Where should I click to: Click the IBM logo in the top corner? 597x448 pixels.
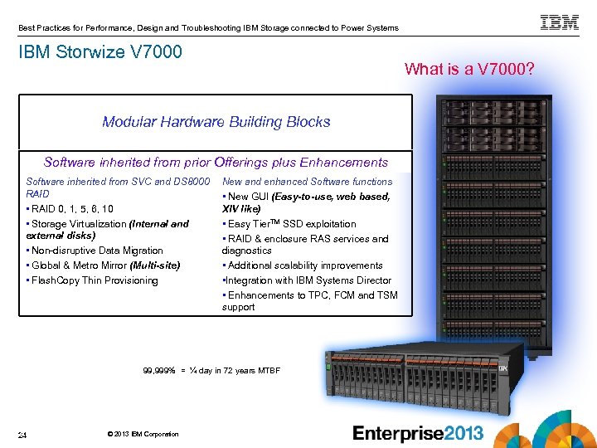coord(560,22)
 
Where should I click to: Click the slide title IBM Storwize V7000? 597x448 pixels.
coord(100,52)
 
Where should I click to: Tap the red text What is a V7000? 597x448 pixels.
coord(471,69)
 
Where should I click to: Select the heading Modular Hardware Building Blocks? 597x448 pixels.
coord(216,122)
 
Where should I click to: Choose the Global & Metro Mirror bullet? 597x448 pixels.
coord(103,265)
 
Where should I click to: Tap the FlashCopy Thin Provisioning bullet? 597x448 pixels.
coord(92,280)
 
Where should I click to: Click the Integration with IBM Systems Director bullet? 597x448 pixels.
coord(307,280)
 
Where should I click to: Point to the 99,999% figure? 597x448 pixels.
coord(159,370)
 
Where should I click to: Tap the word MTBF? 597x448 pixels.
coord(268,370)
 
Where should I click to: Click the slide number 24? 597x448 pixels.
coord(24,435)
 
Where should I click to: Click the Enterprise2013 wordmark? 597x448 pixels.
coord(418,433)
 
